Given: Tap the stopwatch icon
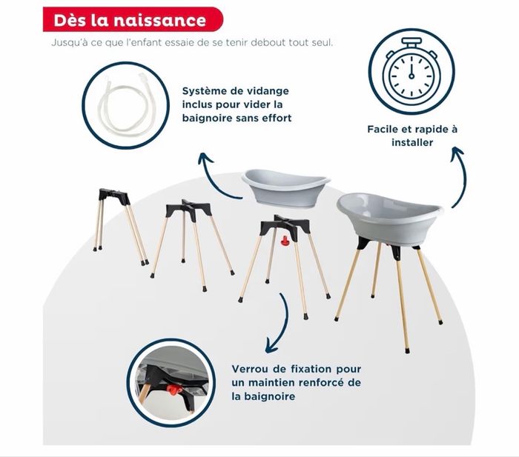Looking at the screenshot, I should (411, 71).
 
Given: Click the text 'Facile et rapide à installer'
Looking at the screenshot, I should (412, 135).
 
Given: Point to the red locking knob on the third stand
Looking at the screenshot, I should (285, 241).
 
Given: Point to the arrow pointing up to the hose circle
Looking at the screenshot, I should (215, 174).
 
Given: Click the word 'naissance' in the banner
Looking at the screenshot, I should (163, 19).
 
